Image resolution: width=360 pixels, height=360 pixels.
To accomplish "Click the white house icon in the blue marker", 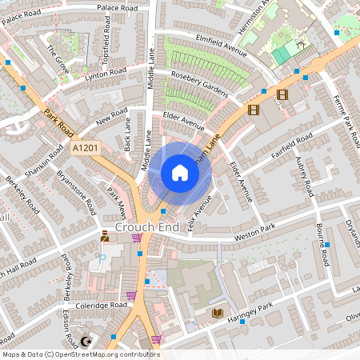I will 180,173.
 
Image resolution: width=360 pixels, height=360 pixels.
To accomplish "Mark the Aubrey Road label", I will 302,177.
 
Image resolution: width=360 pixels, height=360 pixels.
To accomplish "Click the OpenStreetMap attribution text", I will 81,354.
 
